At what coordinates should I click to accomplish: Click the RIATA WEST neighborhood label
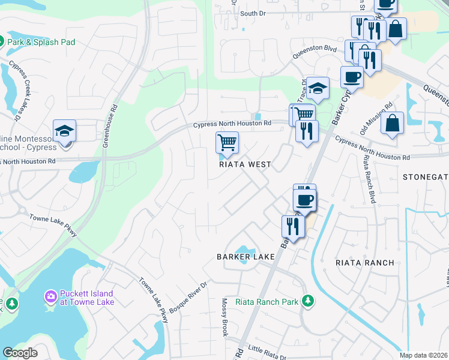[245, 164]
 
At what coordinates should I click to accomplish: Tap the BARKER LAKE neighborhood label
[246, 257]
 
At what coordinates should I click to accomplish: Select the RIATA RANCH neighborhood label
[365, 263]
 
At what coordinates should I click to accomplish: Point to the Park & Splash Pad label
[41, 42]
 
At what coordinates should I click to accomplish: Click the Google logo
[20, 353]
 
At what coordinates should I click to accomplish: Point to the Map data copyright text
[424, 355]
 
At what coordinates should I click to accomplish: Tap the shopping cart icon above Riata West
[228, 143]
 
